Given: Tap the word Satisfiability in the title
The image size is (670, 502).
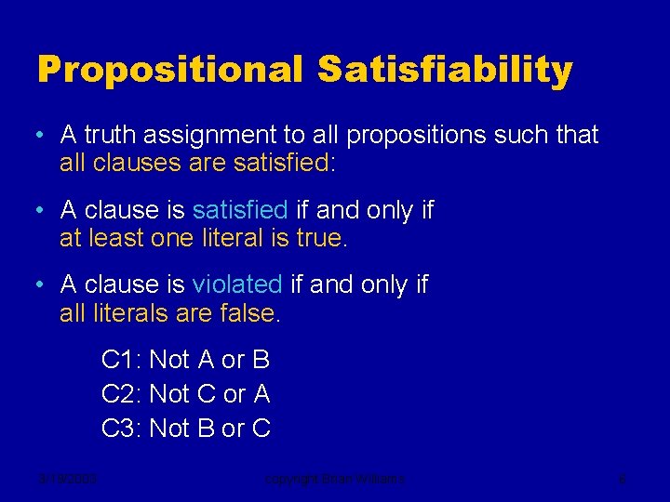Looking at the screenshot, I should coord(445,71).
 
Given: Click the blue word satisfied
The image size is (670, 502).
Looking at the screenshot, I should coord(240,210).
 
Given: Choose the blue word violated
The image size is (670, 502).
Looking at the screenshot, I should coord(236,284).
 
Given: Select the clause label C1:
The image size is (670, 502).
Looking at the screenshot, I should coord(121,359).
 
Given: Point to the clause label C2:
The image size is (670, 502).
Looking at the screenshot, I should coord(121,394).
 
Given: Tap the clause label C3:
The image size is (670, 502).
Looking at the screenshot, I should coord(121,429).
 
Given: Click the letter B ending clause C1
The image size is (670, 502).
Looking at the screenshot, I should coord(261,359).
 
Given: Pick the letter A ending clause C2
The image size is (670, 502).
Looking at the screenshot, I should coord(261,394).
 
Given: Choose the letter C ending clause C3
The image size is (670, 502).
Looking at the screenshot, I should coord(261,429).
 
